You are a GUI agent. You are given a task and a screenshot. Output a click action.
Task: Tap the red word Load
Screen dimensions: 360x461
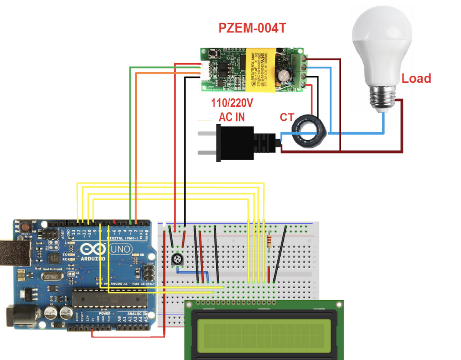pos(416,79)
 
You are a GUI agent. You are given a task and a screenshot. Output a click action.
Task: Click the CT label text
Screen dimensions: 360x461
pos(287,117)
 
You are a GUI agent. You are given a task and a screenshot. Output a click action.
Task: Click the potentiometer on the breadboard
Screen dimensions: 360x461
pos(176,260)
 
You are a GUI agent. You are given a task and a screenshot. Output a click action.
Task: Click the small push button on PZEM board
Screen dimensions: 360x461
pos(213,55)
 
